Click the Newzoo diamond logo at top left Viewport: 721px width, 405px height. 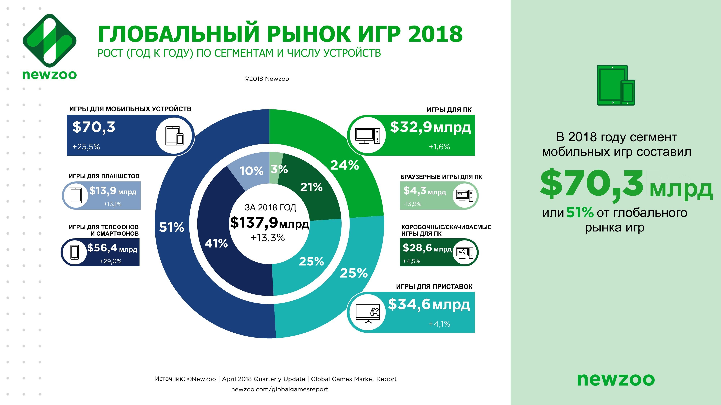(x=50, y=40)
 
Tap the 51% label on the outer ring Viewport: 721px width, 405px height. (x=172, y=227)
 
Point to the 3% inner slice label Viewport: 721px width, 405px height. (x=279, y=169)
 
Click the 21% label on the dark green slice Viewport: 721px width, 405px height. (x=311, y=187)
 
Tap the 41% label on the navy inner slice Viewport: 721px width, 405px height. (x=216, y=243)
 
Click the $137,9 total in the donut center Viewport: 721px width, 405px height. (x=254, y=223)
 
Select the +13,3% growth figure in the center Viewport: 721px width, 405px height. (x=268, y=238)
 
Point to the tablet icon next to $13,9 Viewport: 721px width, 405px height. (x=76, y=195)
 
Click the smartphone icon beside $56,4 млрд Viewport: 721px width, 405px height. (x=74, y=252)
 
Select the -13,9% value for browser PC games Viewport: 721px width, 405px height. (x=412, y=204)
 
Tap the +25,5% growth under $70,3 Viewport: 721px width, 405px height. (x=86, y=147)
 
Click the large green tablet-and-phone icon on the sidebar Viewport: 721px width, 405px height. (x=616, y=85)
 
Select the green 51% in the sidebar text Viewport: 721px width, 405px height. (x=580, y=212)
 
